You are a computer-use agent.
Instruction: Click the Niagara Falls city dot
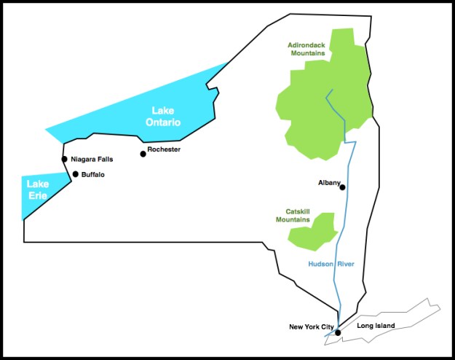point(65,159)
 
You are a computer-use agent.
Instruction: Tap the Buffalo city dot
point(76,174)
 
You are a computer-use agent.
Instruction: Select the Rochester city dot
point(143,154)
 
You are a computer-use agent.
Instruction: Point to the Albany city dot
point(342,187)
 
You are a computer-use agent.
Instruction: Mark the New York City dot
point(338,332)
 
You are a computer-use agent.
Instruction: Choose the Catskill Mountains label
point(293,216)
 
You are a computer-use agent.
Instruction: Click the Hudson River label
point(331,264)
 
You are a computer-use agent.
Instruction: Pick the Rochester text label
point(164,149)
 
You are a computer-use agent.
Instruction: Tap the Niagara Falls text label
point(92,159)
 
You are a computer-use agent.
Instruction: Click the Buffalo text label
point(93,175)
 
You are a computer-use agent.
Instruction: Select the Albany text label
point(329,183)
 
